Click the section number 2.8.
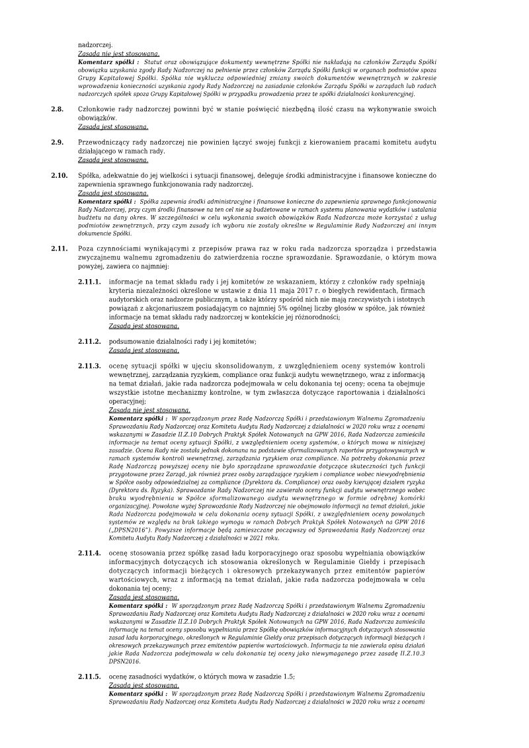point(58,108)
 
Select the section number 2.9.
point(58,142)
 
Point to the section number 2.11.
point(60,249)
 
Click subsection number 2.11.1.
point(89,282)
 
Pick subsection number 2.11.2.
point(89,341)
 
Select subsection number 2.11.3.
point(89,366)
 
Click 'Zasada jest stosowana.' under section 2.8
point(112,126)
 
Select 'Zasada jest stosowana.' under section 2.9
point(112,159)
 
